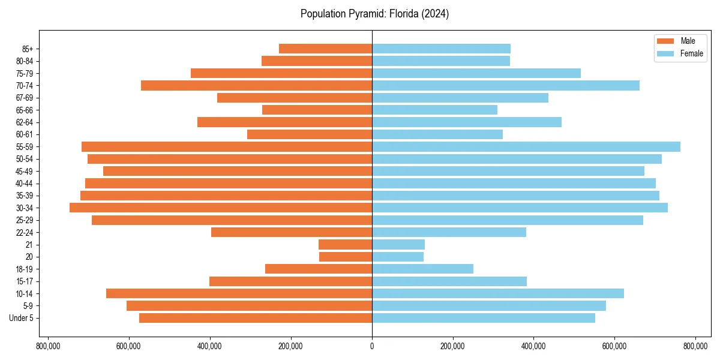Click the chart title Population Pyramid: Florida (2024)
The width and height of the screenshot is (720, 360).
(374, 14)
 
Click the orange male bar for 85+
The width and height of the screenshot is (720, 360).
(325, 49)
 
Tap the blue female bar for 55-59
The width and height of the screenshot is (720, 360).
(526, 146)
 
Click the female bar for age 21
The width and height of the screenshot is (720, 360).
(398, 244)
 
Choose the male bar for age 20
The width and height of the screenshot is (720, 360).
(346, 257)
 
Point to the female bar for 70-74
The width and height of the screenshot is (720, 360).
(505, 85)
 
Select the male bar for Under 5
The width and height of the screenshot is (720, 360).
(256, 318)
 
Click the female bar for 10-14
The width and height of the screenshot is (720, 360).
(497, 293)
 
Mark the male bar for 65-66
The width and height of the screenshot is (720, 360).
(317, 110)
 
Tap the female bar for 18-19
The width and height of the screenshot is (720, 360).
(422, 269)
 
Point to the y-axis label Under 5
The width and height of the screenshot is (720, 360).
(21, 318)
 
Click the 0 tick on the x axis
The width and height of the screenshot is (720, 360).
(372, 346)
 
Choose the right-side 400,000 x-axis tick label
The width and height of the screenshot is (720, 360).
(533, 346)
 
